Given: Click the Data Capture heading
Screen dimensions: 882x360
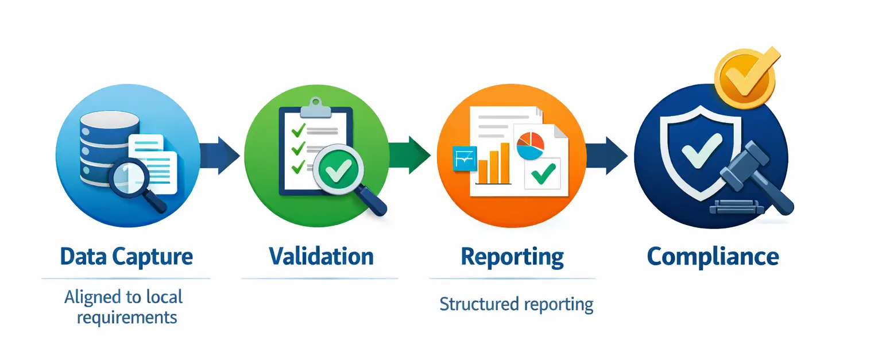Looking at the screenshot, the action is pyautogui.click(x=126, y=257).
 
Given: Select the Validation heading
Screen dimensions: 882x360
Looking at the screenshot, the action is pyautogui.click(x=322, y=257).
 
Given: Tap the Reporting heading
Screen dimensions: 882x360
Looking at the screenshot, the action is pyautogui.click(x=512, y=257).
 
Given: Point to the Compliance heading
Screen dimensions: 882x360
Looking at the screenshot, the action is pyautogui.click(x=713, y=257).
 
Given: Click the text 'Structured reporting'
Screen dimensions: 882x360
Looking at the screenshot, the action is pyautogui.click(x=516, y=304).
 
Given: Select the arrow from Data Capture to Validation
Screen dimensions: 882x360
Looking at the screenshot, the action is pyautogui.click(x=220, y=156).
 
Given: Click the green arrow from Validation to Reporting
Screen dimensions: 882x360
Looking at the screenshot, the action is pyautogui.click(x=409, y=155).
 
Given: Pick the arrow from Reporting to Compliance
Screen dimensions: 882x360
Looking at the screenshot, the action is pyautogui.click(x=606, y=156).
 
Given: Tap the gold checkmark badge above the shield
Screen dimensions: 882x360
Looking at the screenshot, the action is pyautogui.click(x=746, y=78).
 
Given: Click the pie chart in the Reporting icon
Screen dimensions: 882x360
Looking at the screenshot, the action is pyautogui.click(x=531, y=146).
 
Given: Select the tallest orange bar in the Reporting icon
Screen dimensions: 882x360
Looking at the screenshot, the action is pyautogui.click(x=505, y=162).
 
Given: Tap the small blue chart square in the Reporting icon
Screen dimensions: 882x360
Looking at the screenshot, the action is pyautogui.click(x=465, y=158).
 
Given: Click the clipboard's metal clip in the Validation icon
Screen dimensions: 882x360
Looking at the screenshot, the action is pyautogui.click(x=315, y=108).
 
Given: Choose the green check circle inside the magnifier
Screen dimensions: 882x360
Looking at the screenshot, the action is pyautogui.click(x=338, y=170).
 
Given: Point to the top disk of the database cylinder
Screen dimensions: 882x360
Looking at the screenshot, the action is pyautogui.click(x=110, y=119).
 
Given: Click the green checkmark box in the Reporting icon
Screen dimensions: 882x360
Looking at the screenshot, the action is pyautogui.click(x=543, y=174).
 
